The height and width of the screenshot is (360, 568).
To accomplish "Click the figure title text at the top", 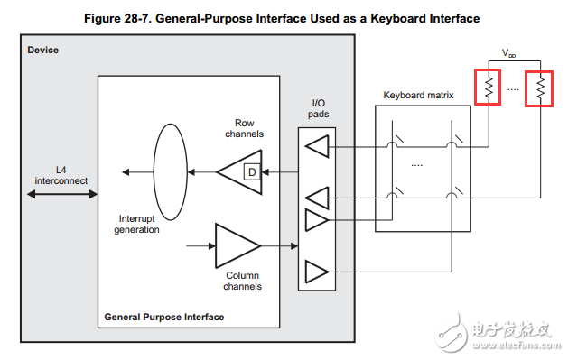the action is pyautogui.click(x=282, y=18).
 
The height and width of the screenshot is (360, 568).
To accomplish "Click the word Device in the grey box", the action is pyautogui.click(x=42, y=50).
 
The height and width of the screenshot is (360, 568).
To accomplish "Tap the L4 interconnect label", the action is pyautogui.click(x=61, y=175).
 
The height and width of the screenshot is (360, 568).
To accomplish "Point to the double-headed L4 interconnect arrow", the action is pyautogui.click(x=62, y=194).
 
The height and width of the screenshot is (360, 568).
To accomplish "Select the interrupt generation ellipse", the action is pyautogui.click(x=154, y=171).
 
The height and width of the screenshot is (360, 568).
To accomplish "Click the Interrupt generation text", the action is pyautogui.click(x=136, y=224).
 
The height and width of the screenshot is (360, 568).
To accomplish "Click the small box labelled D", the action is pyautogui.click(x=252, y=172).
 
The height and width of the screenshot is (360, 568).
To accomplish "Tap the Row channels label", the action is pyautogui.click(x=244, y=128).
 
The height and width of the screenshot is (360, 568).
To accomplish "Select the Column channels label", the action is pyautogui.click(x=242, y=281).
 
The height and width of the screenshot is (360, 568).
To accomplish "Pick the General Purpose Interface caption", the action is pyautogui.click(x=164, y=317).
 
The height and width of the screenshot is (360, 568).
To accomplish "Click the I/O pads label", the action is pyautogui.click(x=318, y=108).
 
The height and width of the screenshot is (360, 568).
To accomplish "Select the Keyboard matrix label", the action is pyautogui.click(x=418, y=95).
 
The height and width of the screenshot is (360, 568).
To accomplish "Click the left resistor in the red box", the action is pyautogui.click(x=489, y=88).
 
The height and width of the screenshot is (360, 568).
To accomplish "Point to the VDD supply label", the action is pyautogui.click(x=508, y=53).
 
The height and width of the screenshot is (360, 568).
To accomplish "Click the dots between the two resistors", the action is pyautogui.click(x=513, y=89).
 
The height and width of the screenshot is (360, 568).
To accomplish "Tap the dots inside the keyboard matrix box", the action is pyautogui.click(x=417, y=165).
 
